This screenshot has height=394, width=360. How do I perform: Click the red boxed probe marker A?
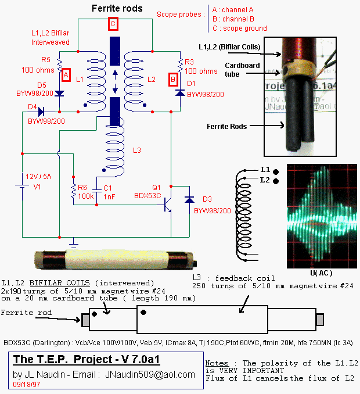tap(66, 74)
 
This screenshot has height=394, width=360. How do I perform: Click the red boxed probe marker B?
tap(172, 80)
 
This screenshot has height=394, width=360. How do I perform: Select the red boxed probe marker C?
tap(113, 24)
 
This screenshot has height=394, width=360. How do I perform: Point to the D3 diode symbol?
tap(189, 199)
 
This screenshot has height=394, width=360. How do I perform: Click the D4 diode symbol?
tap(41, 111)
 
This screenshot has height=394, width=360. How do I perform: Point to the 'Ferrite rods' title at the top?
tap(114, 9)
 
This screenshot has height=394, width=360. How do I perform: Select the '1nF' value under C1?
tap(108, 196)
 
